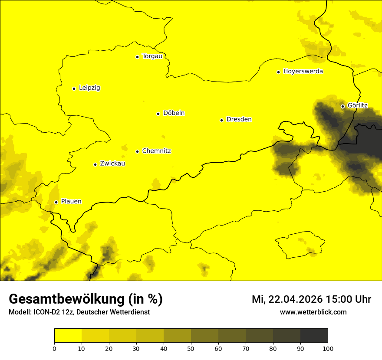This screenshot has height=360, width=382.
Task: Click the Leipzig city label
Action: click(89, 88)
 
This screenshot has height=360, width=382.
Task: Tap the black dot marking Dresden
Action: click(221, 120)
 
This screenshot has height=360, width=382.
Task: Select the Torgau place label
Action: click(152, 56)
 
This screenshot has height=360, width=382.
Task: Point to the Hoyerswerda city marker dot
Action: click(278, 72)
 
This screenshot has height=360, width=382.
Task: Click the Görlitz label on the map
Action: click(357, 105)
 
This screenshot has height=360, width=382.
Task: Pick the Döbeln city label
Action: click(174, 113)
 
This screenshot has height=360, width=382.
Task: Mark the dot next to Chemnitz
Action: click(137, 151)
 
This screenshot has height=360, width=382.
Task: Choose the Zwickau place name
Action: click(112, 164)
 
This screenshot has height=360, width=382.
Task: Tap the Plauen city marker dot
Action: click(56, 202)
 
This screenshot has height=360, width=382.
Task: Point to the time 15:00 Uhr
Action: click(350, 299)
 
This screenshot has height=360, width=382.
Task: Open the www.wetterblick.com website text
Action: click(313, 312)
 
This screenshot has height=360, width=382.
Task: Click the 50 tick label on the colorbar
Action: click(191, 348)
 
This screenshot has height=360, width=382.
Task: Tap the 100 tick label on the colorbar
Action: click(327, 348)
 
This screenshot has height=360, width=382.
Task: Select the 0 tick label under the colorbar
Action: click(54, 348)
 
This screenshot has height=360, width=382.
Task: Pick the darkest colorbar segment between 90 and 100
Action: click(314, 336)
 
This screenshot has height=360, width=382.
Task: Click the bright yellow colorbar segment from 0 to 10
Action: click(68, 336)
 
